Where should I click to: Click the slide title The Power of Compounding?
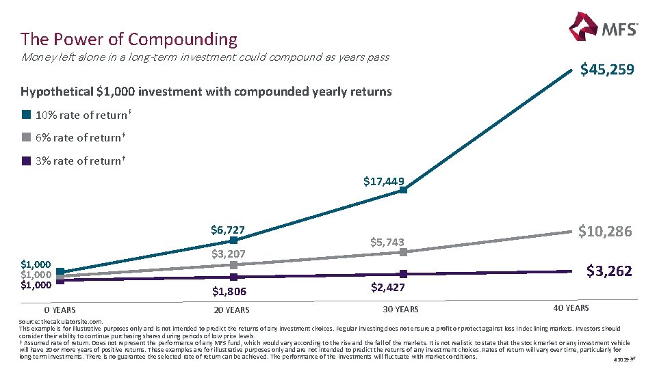129,39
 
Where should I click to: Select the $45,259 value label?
607,70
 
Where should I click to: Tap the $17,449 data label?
383,181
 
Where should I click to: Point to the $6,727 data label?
228,230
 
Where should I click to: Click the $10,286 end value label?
605,232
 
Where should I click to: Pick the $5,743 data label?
387,242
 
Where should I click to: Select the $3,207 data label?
228,254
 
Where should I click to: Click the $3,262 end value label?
609,271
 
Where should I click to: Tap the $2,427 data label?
388,288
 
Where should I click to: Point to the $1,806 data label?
229,292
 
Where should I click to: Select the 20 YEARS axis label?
231,310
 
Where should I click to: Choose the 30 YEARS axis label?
400,310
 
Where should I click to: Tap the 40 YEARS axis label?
571,307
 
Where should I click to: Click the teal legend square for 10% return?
26,115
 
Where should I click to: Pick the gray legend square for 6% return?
26,137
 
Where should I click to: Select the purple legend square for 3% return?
26,161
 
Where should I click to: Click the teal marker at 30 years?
403,190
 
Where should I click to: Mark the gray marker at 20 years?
233,264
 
